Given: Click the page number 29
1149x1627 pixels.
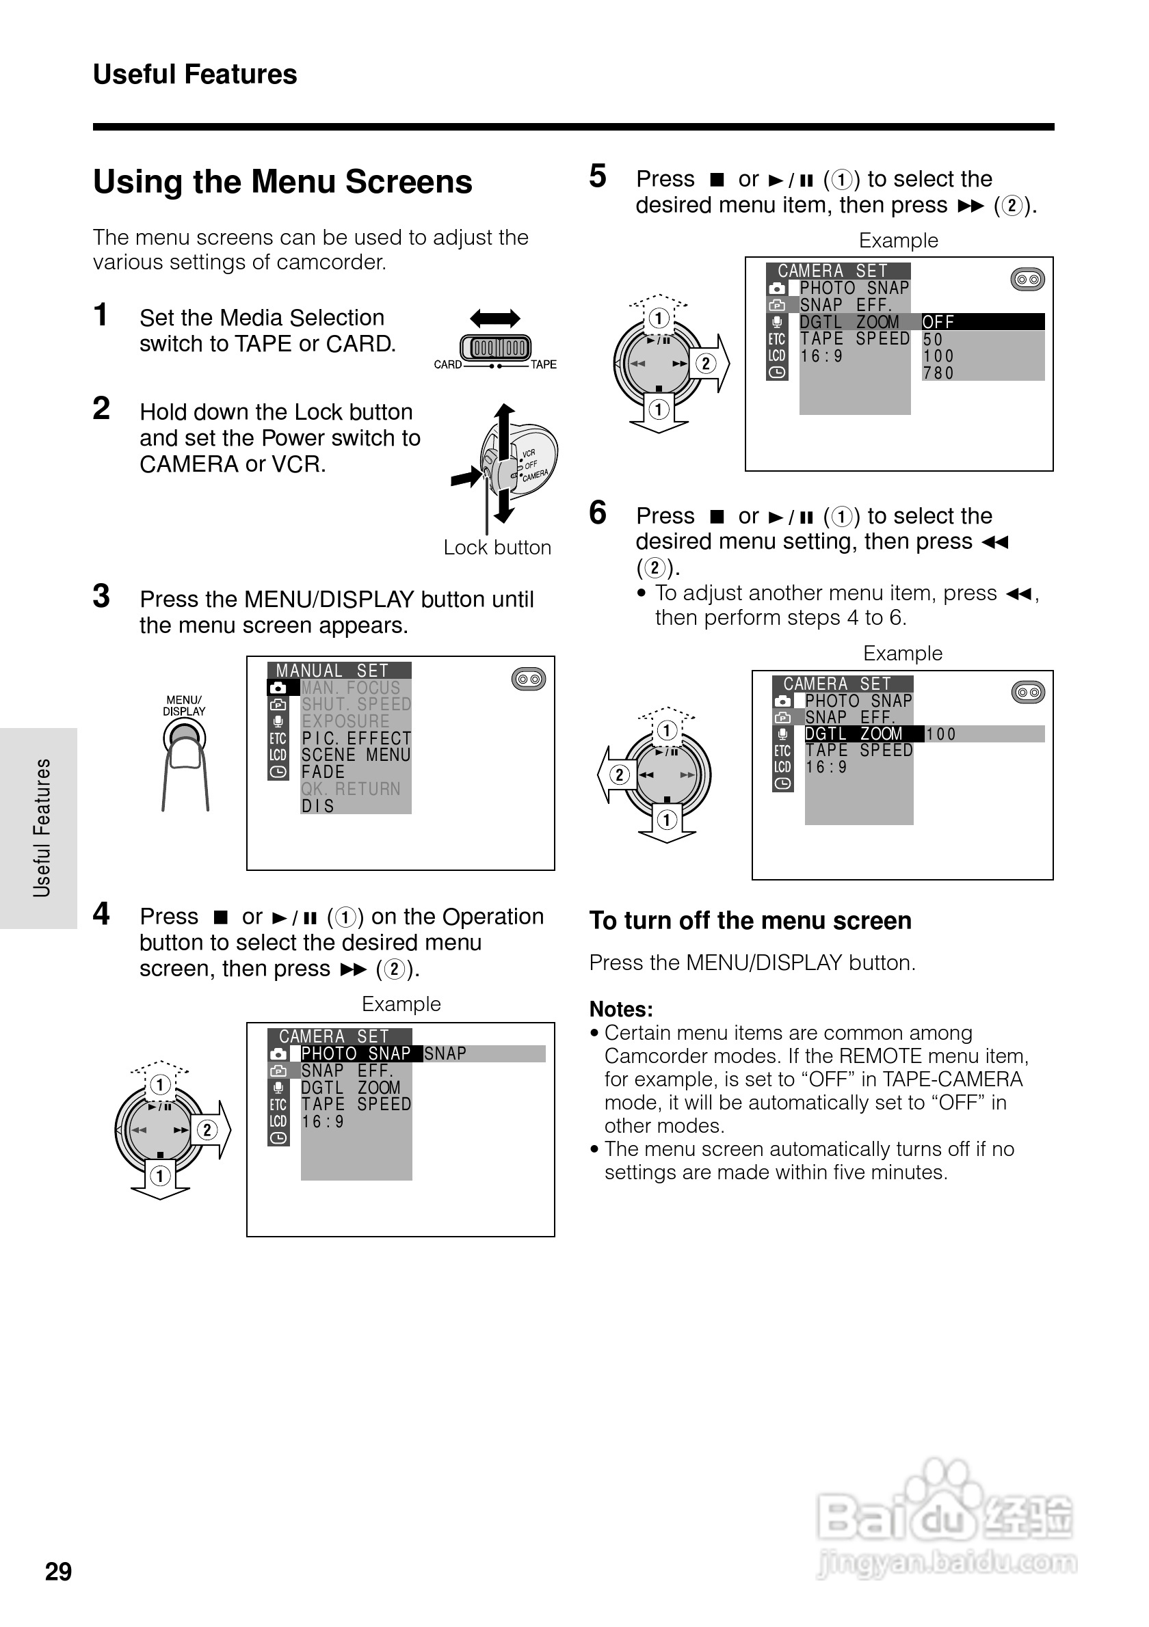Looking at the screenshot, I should tap(58, 1571).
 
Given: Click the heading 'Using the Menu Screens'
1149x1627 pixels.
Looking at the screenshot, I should tap(282, 182).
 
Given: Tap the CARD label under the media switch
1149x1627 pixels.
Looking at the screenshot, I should tap(447, 365).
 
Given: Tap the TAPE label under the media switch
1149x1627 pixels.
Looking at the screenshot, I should tap(544, 365).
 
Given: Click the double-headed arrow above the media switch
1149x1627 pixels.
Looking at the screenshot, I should tap(494, 318).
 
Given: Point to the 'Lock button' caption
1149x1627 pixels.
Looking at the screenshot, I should tap(497, 548).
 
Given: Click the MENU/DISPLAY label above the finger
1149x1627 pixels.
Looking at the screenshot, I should tap(184, 705).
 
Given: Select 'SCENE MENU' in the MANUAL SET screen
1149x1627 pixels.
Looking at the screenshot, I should tap(356, 755).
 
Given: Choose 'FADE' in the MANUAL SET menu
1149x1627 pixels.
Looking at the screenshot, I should tap(323, 772).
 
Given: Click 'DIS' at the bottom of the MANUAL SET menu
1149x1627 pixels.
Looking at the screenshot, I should tap(317, 807).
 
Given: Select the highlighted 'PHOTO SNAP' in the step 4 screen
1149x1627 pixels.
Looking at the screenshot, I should tap(356, 1053).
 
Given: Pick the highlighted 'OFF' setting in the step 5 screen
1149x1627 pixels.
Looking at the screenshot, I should tap(938, 323).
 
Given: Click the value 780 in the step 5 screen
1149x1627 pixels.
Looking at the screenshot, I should tap(938, 373).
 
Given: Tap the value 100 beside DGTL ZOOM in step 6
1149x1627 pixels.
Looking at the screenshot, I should tap(941, 735).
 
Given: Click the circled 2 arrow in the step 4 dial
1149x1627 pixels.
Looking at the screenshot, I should tap(208, 1129).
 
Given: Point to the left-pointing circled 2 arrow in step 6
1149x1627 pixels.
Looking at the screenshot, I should tap(618, 775).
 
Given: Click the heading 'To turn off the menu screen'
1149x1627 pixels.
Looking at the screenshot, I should tap(750, 921).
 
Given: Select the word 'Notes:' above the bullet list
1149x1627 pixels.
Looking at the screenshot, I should tap(621, 1009).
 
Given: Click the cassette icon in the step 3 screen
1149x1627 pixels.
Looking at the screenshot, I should tap(528, 680).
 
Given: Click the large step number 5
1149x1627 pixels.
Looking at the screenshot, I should tap(598, 176).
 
